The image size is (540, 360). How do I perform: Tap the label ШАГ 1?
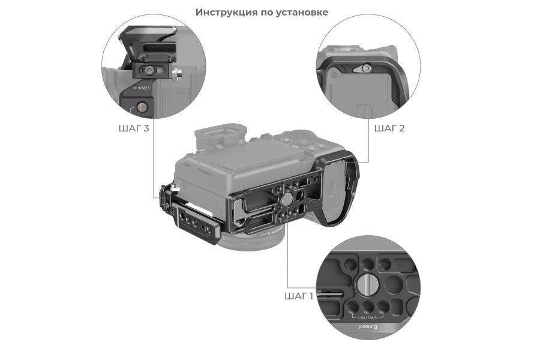(x=298, y=296)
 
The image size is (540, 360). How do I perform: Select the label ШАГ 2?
(x=389, y=128)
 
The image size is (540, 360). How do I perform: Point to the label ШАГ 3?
(x=134, y=128)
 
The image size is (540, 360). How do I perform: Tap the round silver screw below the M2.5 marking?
(x=142, y=107)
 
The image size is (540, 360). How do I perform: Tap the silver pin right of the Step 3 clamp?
(x=176, y=74)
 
